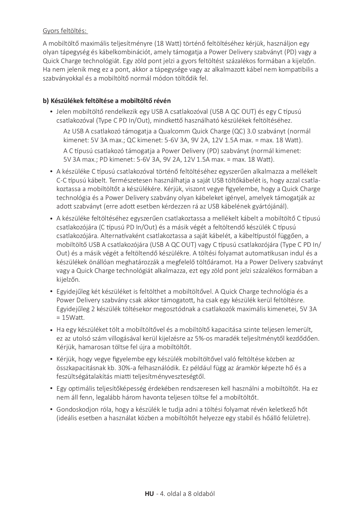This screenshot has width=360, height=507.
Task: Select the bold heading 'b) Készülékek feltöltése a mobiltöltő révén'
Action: click(107, 101)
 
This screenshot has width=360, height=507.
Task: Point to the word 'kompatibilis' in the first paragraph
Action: click(295, 69)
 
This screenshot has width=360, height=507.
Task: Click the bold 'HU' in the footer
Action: click(149, 494)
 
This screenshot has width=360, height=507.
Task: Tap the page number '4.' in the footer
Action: click(162, 494)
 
